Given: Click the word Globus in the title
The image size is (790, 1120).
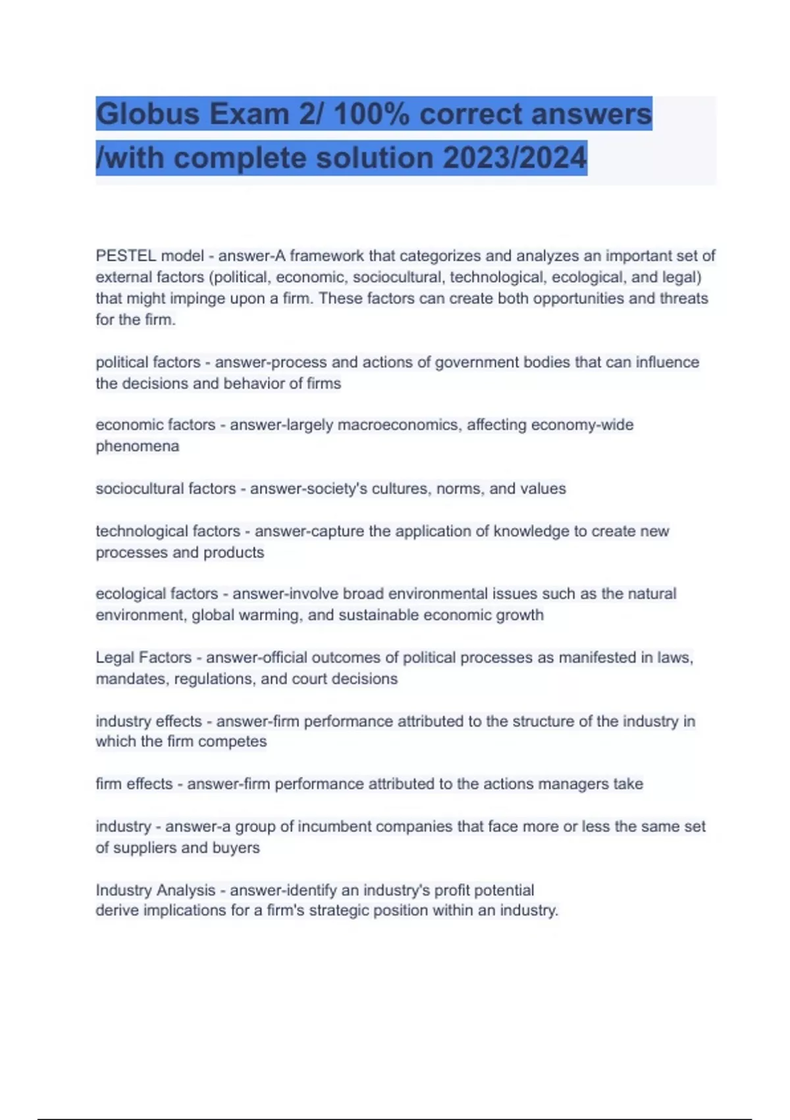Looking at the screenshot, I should coord(147,114).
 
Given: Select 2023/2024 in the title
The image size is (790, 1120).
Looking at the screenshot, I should coord(514,158).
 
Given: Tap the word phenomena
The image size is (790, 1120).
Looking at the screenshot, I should coord(137,446).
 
